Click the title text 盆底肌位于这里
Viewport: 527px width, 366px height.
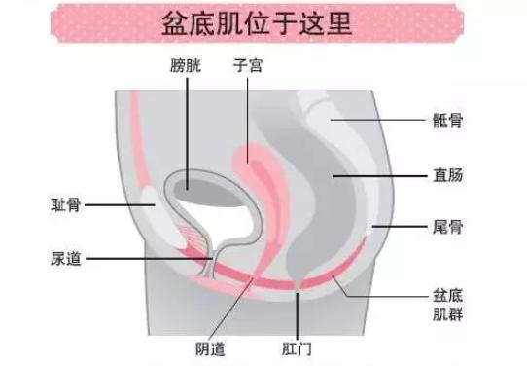tap(263, 23)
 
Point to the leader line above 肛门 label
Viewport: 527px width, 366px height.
tap(299, 311)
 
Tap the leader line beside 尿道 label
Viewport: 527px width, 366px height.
tap(146, 259)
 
